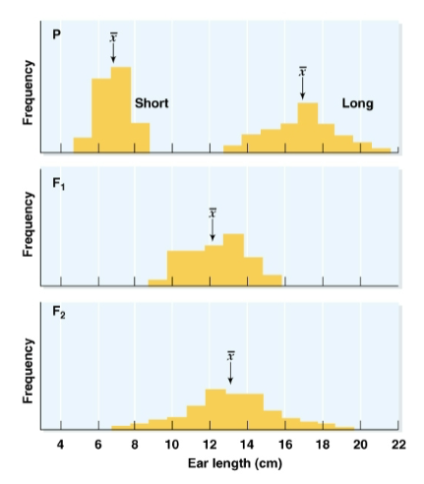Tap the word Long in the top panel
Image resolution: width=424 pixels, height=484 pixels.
357,103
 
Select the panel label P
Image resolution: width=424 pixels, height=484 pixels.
58,35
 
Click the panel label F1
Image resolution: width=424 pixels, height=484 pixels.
60,184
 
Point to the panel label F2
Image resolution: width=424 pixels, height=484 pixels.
60,313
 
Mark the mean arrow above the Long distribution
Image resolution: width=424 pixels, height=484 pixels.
302,86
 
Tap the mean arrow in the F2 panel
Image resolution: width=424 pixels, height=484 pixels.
230,370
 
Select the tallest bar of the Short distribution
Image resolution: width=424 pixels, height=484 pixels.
121,109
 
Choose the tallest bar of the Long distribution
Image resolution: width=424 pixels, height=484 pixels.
307,128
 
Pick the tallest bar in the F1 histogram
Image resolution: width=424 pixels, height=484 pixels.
233,259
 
